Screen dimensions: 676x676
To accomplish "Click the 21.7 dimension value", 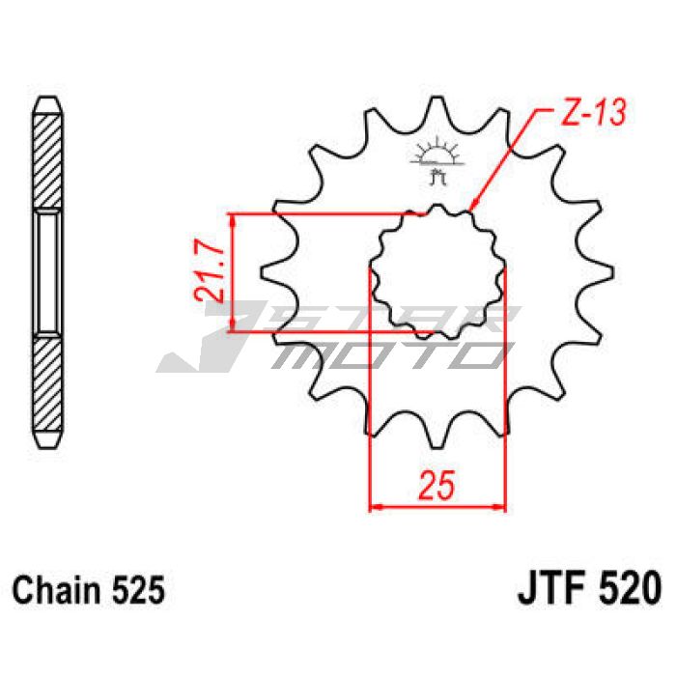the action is [x=209, y=275].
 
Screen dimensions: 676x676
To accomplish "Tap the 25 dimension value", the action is [x=437, y=486].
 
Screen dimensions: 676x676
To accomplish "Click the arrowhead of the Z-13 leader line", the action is [x=473, y=205].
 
